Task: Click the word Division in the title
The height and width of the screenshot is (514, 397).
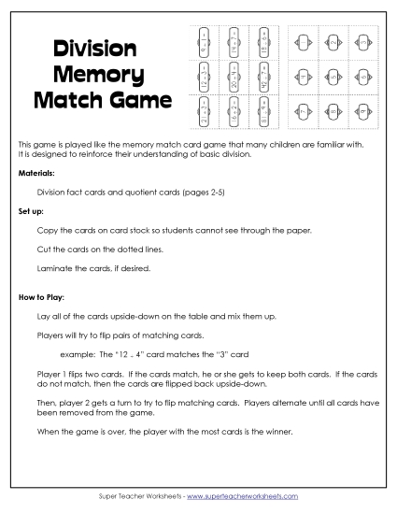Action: click(x=94, y=48)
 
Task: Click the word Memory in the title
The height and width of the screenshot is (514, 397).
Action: click(x=98, y=73)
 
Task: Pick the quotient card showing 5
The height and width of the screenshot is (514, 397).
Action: click(x=333, y=77)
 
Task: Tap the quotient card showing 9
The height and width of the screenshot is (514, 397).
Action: click(x=362, y=112)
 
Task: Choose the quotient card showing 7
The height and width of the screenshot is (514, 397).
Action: click(x=304, y=112)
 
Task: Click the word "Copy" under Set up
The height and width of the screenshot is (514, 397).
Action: click(x=46, y=229)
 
